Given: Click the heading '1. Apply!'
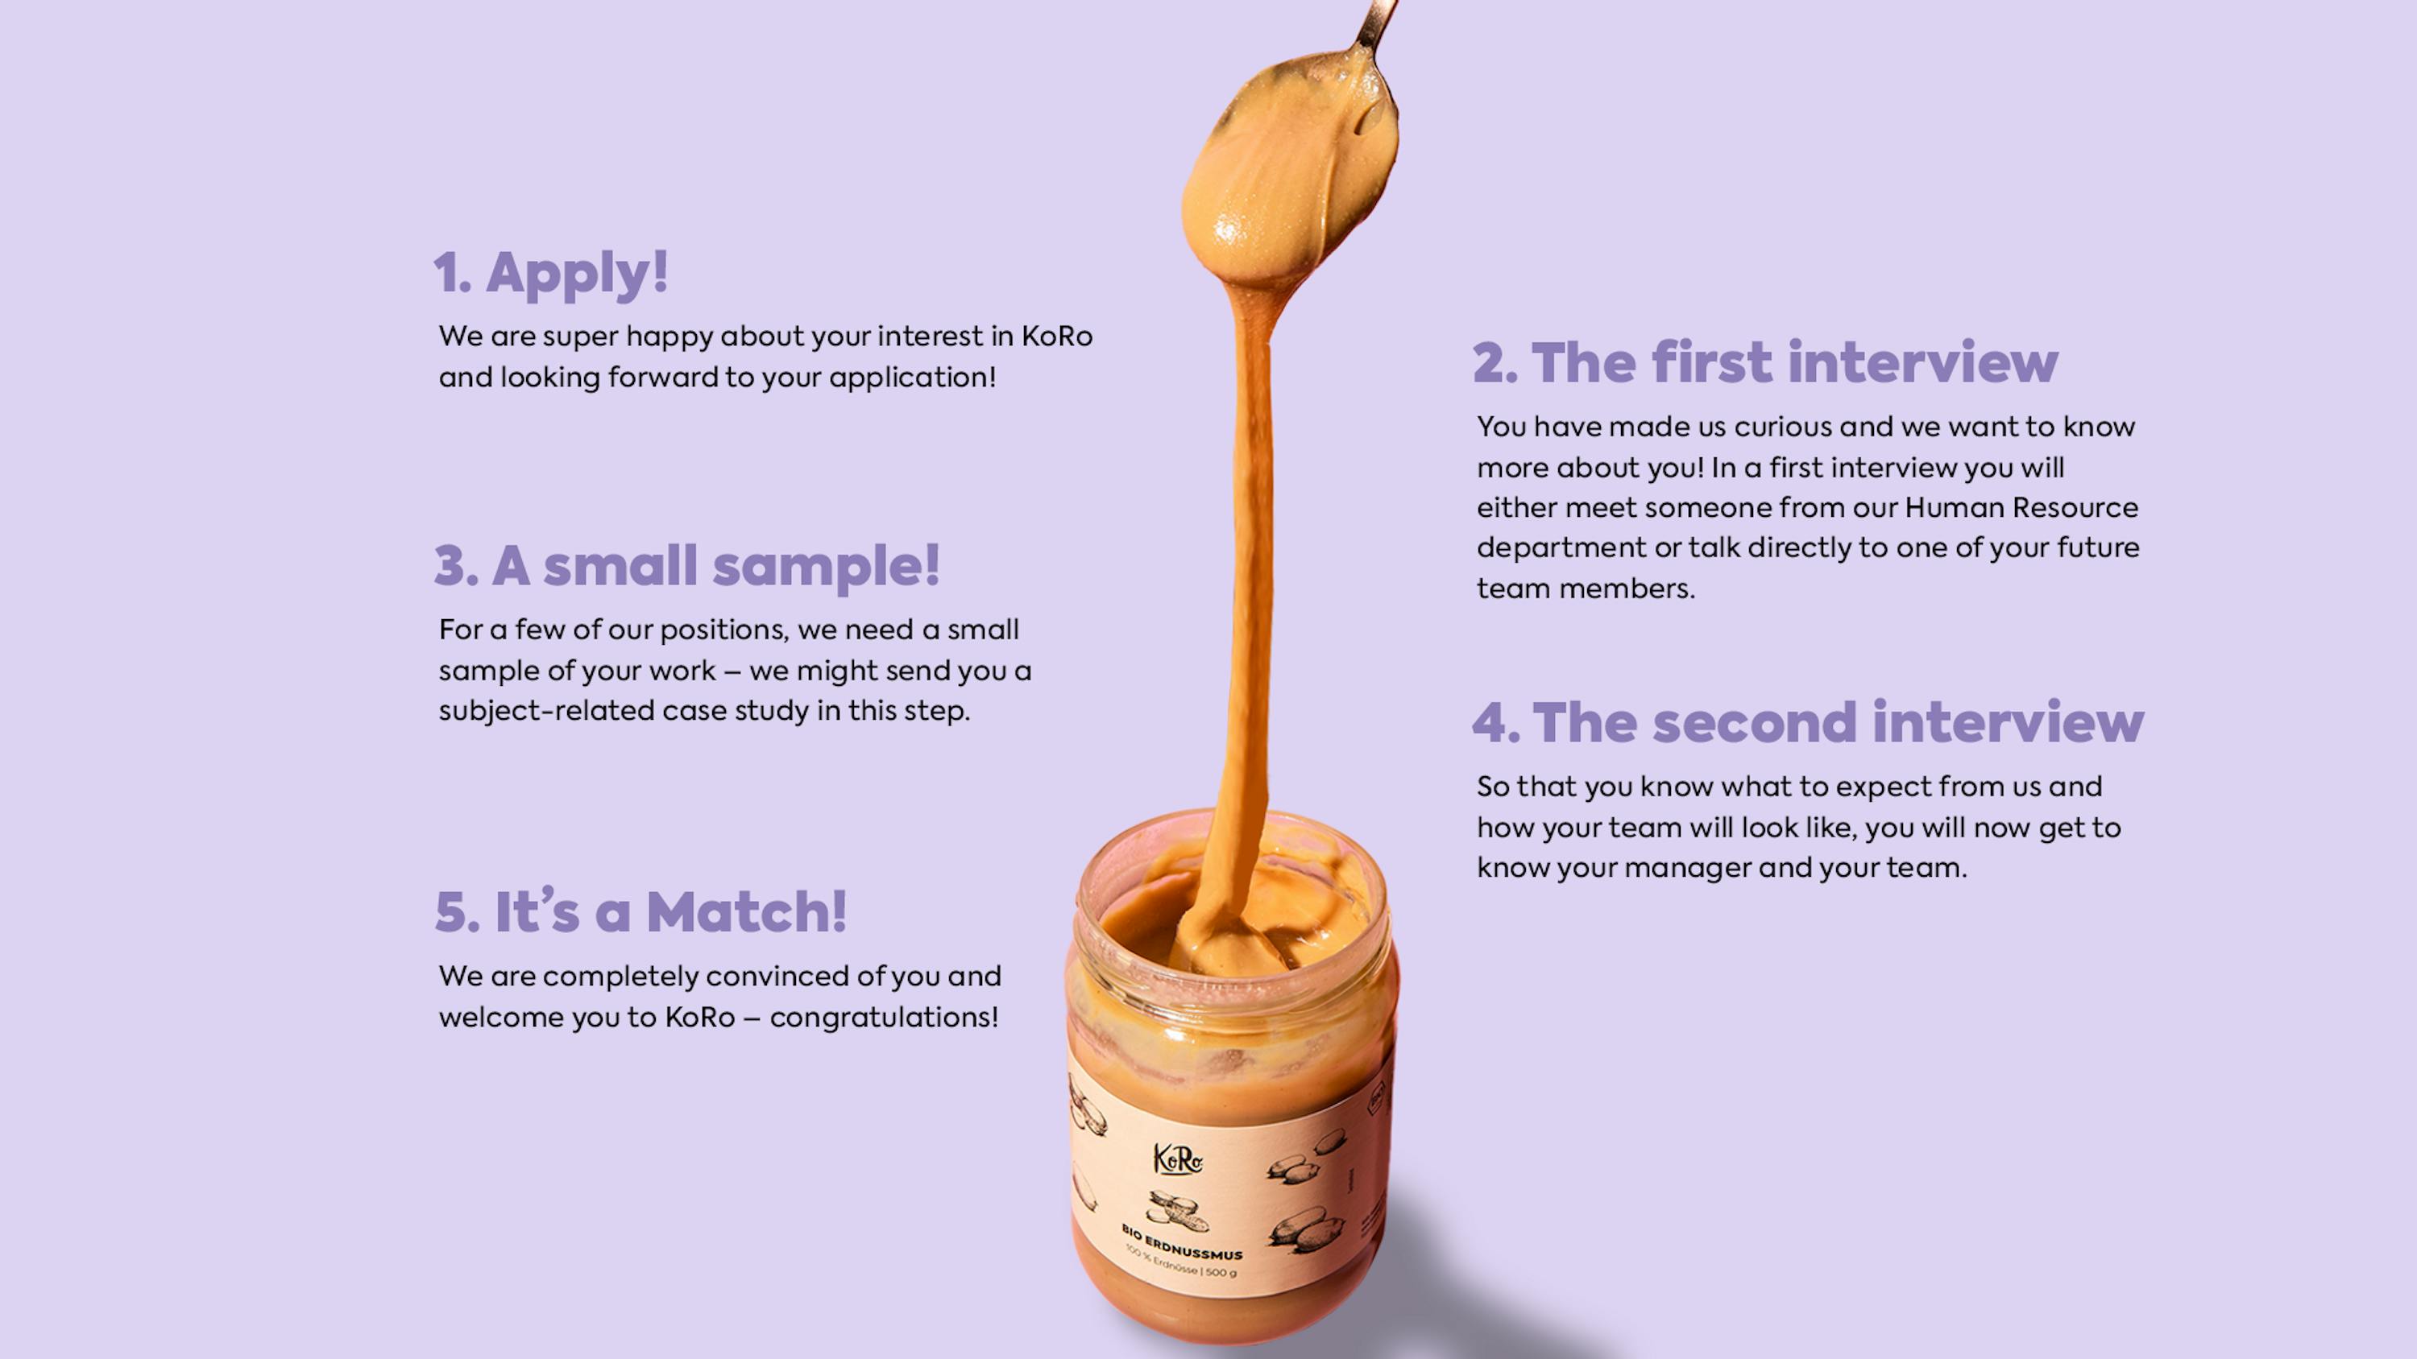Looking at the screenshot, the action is [x=551, y=273].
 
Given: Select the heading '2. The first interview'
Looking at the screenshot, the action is [x=1765, y=362].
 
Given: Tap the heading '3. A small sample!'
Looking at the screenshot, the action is [x=686, y=565].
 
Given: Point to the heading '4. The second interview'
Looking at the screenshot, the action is [x=1808, y=722].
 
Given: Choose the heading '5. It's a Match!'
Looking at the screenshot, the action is [x=641, y=911].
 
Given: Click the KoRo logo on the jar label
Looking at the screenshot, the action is [x=1178, y=1159].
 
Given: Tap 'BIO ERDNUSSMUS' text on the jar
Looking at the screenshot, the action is [x=1182, y=1241].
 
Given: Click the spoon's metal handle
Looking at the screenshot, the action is [x=1375, y=24].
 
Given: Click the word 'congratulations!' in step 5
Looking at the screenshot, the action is [x=884, y=1018].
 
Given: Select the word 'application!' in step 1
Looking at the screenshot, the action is [x=912, y=378].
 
